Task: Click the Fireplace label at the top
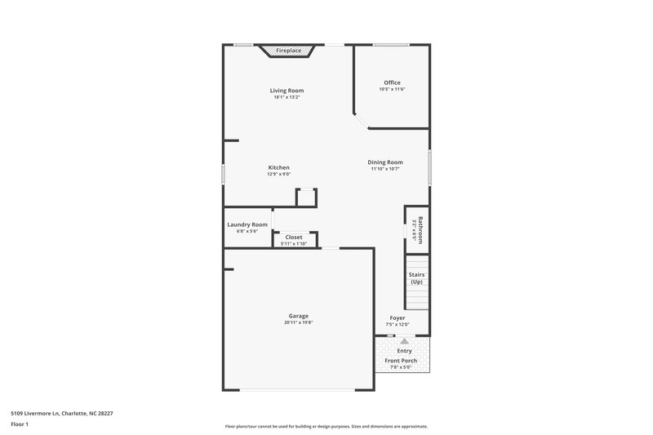click(x=288, y=51)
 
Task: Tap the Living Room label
click(x=287, y=91)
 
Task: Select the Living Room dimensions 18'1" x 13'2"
click(x=287, y=97)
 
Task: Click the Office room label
click(x=392, y=82)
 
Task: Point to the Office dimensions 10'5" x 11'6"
click(x=392, y=89)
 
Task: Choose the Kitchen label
click(x=278, y=167)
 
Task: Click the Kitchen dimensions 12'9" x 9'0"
click(x=278, y=174)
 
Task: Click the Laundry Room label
click(x=247, y=224)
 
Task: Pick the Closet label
click(x=294, y=237)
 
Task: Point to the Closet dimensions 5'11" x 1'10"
click(x=294, y=243)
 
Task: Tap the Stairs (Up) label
click(x=416, y=278)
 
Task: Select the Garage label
click(x=298, y=316)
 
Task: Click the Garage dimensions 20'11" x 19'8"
click(x=298, y=322)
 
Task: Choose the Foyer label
click(x=398, y=317)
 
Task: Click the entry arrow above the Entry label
click(x=404, y=342)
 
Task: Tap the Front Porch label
click(x=401, y=360)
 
